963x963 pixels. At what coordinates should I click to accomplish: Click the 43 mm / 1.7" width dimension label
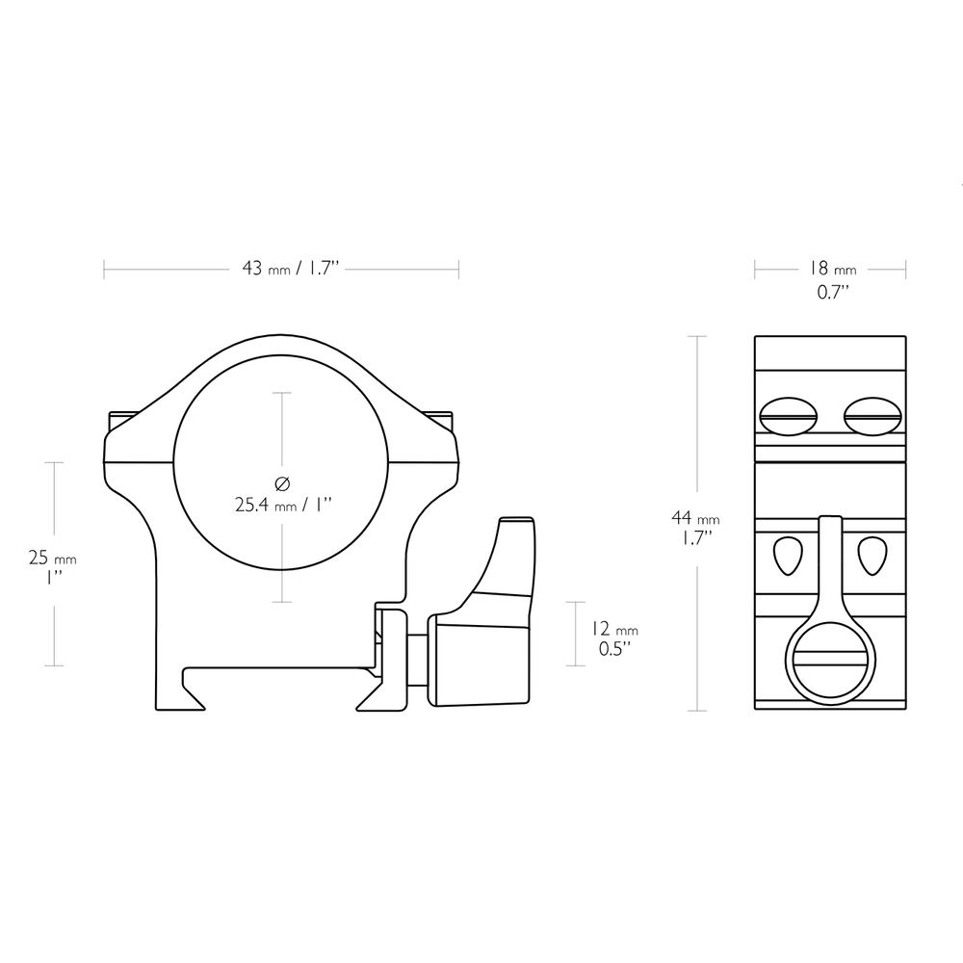click(291, 269)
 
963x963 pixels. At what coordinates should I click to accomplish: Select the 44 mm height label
click(695, 518)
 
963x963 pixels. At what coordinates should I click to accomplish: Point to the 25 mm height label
click(53, 559)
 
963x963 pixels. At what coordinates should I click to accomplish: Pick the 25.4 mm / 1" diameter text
click(283, 505)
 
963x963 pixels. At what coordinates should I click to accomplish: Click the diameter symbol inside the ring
click(282, 484)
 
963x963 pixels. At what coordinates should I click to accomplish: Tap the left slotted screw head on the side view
click(790, 416)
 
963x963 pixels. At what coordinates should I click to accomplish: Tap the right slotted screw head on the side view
click(872, 416)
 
